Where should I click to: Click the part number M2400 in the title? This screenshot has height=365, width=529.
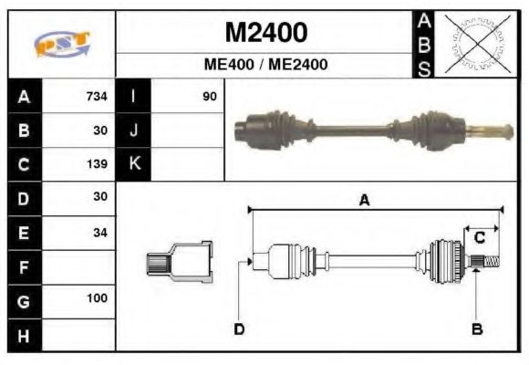(x=265, y=33)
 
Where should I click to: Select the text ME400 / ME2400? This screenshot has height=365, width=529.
(x=265, y=65)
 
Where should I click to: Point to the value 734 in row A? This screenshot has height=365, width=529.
(x=97, y=97)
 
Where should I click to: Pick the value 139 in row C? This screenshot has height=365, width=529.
(x=97, y=165)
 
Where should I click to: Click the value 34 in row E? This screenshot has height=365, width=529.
(x=99, y=232)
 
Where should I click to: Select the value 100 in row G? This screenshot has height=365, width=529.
(x=97, y=298)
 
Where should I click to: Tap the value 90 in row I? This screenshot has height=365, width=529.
(x=210, y=97)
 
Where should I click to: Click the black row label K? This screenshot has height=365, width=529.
(x=133, y=164)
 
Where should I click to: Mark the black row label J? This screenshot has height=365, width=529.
(x=133, y=130)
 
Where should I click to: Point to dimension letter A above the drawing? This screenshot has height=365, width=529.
(x=364, y=201)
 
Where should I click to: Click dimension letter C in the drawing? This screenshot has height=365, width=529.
(x=478, y=238)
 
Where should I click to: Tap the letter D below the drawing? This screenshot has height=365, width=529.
(x=239, y=328)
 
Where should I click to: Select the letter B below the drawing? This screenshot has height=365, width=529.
(x=476, y=328)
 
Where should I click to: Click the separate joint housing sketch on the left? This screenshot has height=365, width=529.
(x=180, y=262)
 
